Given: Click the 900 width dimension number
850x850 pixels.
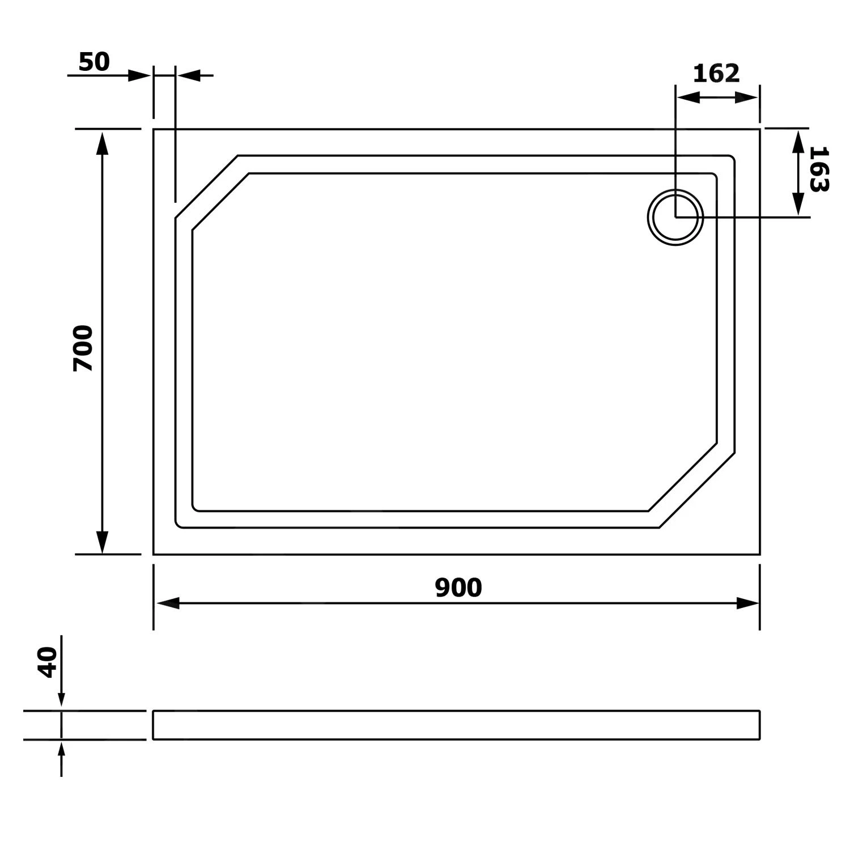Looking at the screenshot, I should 458,588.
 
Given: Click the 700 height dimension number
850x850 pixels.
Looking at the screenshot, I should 83,348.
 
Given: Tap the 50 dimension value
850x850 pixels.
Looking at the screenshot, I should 94,62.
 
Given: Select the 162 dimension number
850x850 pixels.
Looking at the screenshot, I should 716,74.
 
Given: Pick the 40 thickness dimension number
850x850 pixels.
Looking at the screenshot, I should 48,662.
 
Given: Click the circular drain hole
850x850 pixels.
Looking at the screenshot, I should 675,217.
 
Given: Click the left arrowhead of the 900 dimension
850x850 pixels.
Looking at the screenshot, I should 168,603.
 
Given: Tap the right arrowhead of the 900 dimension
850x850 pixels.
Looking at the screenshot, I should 747,603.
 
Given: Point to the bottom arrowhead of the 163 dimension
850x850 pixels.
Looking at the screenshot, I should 798,204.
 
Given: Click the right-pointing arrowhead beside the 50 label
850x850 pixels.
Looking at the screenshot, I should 139,75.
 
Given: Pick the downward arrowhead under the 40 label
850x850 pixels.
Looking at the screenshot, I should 61,700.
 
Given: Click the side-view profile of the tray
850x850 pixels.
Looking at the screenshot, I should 456,725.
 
